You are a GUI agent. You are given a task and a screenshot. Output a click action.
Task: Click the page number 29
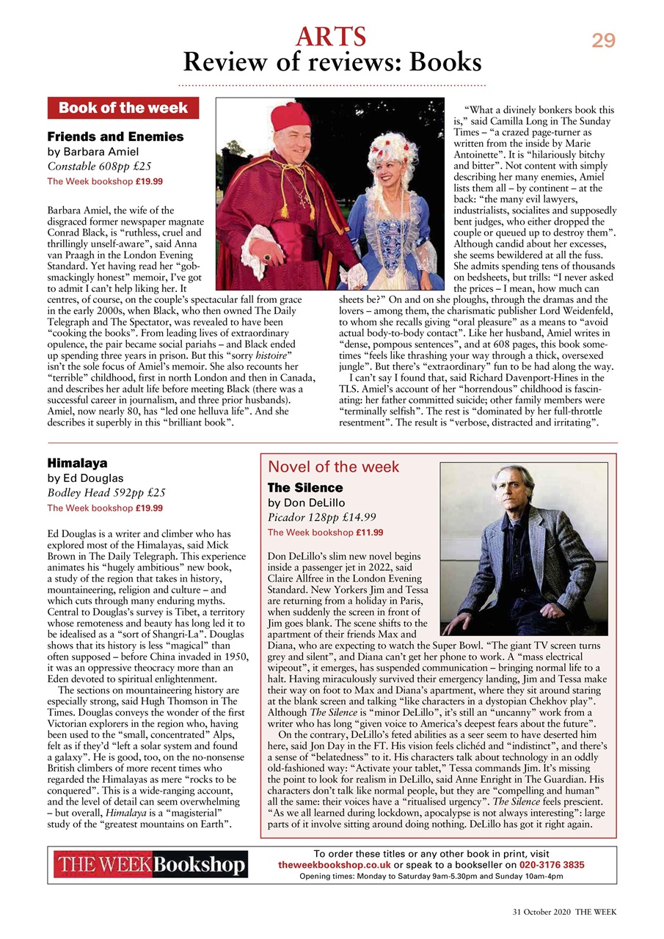(603, 41)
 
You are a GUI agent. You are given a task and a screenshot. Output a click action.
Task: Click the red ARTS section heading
(331, 35)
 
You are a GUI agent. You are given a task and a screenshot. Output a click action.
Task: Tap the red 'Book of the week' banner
(123, 108)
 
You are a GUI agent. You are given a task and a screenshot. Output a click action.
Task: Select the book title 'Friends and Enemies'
(115, 137)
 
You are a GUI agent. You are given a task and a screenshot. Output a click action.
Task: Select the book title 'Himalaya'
(77, 464)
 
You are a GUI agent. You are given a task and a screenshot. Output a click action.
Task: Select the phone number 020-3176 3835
(541, 866)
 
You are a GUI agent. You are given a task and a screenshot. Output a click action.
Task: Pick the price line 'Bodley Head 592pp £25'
(106, 493)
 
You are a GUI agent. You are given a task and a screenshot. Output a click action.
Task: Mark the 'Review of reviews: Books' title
(332, 63)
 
